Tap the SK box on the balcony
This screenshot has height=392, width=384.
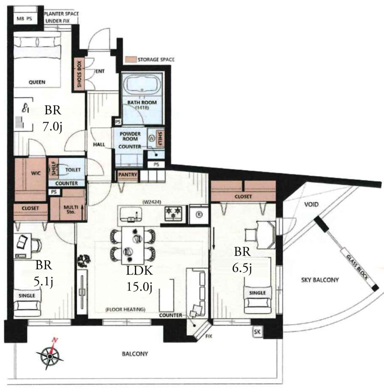click(257, 332)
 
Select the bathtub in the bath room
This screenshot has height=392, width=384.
click(142, 85)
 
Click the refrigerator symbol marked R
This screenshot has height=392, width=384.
click(199, 214)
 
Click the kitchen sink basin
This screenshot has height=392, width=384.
click(131, 214)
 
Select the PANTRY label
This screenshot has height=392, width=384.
click(128, 175)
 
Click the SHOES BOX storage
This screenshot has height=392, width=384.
click(79, 74)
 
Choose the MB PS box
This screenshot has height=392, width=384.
click(25, 18)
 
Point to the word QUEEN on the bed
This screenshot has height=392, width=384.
click(37, 82)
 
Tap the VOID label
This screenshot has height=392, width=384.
click(311, 204)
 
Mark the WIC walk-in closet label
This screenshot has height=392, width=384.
click(36, 173)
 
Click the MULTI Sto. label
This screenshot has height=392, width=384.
click(71, 209)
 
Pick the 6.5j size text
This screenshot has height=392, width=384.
click(242, 268)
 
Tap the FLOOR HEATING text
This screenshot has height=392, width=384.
click(125, 309)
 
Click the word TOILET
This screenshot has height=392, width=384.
click(73, 170)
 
